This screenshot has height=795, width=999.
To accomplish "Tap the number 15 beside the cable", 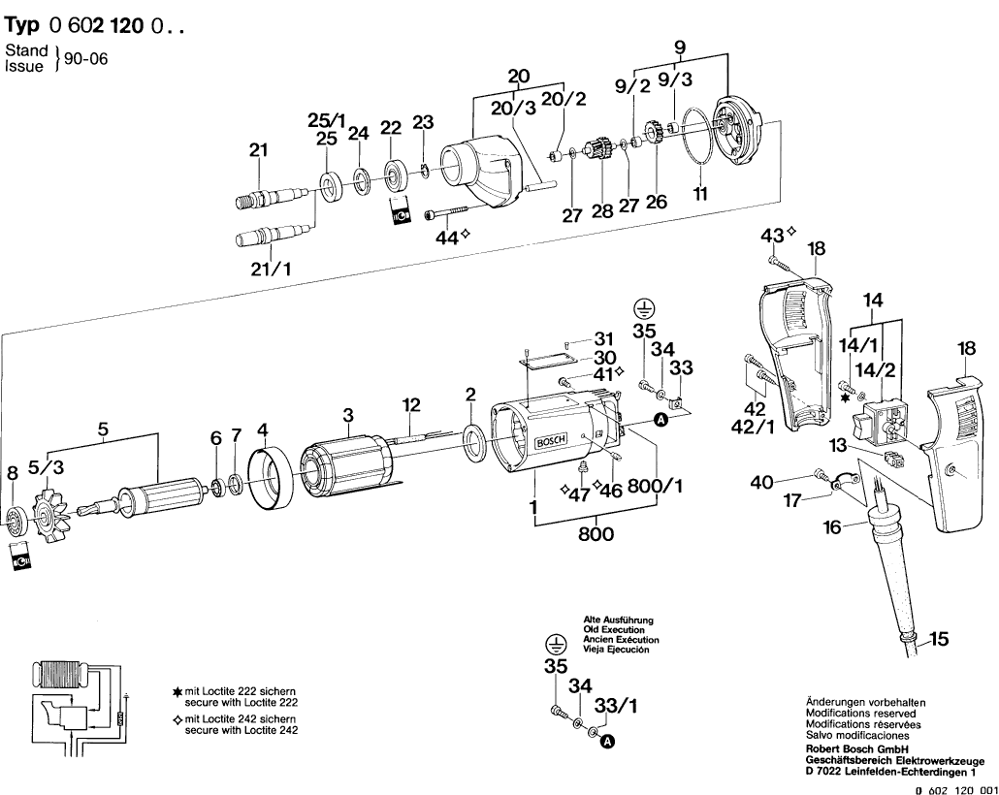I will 939,639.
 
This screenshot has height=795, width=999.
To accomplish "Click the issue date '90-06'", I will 86,59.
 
